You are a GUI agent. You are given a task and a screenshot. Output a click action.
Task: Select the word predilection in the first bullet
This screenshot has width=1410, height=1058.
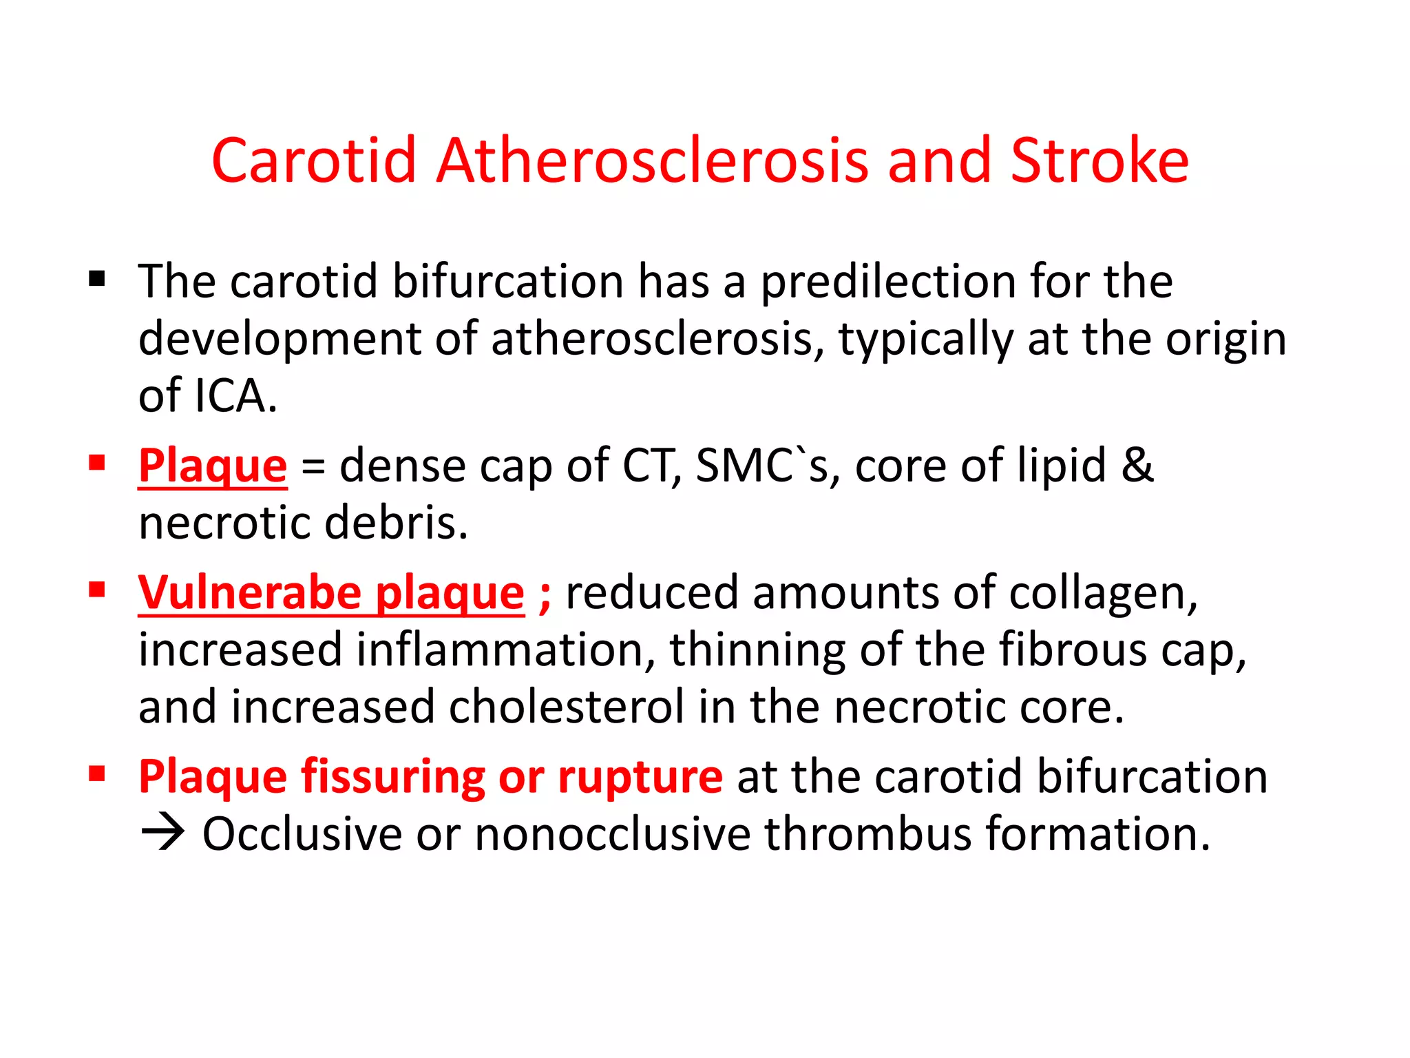pyautogui.click(x=887, y=282)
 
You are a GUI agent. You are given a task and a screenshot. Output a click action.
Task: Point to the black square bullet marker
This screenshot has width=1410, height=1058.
pyautogui.click(x=97, y=279)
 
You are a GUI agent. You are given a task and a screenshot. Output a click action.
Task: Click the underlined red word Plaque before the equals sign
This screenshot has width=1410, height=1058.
pyautogui.click(x=212, y=466)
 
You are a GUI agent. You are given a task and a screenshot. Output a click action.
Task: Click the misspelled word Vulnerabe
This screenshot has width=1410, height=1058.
pyautogui.click(x=249, y=592)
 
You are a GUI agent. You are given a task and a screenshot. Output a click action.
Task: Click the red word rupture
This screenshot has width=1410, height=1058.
pyautogui.click(x=640, y=777)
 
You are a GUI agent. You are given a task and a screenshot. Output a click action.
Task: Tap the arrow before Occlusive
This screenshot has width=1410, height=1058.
pyautogui.click(x=162, y=834)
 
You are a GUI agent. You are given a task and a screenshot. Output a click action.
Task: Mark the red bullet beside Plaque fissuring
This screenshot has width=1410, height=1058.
pyautogui.click(x=97, y=774)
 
